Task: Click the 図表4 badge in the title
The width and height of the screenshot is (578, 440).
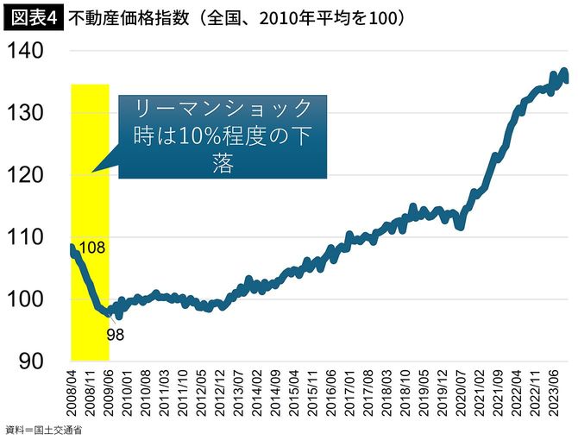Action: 33,16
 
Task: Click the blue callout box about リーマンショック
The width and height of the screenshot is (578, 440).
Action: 222,136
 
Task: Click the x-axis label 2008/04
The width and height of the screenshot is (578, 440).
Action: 72,393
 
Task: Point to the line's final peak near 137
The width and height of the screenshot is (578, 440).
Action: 563,72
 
